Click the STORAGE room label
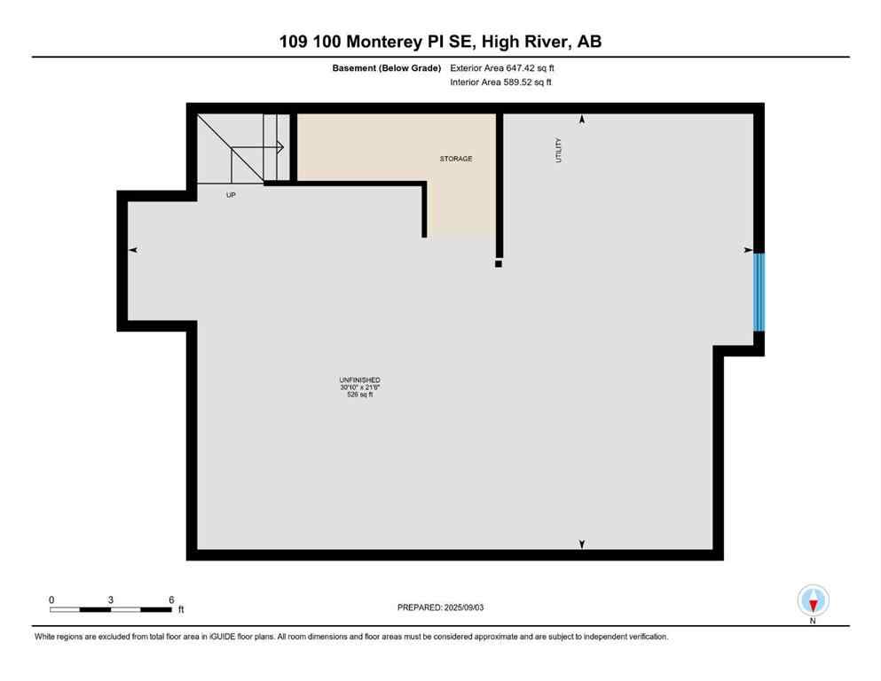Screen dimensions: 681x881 click(456, 159)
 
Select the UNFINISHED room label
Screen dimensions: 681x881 click(359, 380)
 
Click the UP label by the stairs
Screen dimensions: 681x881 click(231, 195)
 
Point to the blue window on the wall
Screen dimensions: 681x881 click(759, 292)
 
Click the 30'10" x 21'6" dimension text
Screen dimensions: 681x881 click(359, 387)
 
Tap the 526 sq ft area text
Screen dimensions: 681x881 click(359, 395)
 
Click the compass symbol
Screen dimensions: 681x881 click(813, 600)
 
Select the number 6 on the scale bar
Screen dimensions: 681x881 click(171, 599)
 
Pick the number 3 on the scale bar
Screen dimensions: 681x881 click(111, 599)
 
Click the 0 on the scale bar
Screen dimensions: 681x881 click(51, 599)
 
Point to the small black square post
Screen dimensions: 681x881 click(499, 263)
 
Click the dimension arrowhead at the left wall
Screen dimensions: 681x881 click(133, 251)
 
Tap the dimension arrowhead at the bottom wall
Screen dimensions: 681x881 click(582, 544)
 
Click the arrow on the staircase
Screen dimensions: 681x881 click(279, 147)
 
